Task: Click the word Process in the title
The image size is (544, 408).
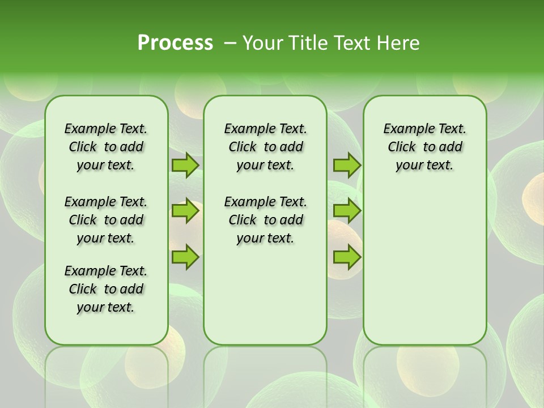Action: point(175,43)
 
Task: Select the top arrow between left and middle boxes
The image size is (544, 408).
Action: point(185,165)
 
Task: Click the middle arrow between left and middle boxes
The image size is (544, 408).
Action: point(185,211)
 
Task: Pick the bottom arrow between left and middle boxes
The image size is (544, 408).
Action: point(185,257)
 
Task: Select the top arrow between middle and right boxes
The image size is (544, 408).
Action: point(347,165)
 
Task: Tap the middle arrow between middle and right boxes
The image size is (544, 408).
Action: point(347,211)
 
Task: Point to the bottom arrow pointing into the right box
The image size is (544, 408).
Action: point(347,257)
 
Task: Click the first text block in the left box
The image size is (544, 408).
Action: point(106,147)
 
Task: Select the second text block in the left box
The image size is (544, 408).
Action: point(106,220)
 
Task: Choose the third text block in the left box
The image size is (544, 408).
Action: point(106,289)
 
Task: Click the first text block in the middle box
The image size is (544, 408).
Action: point(265,147)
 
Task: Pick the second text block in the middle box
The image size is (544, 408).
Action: point(265,220)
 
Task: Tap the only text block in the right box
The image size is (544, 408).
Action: point(424,147)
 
